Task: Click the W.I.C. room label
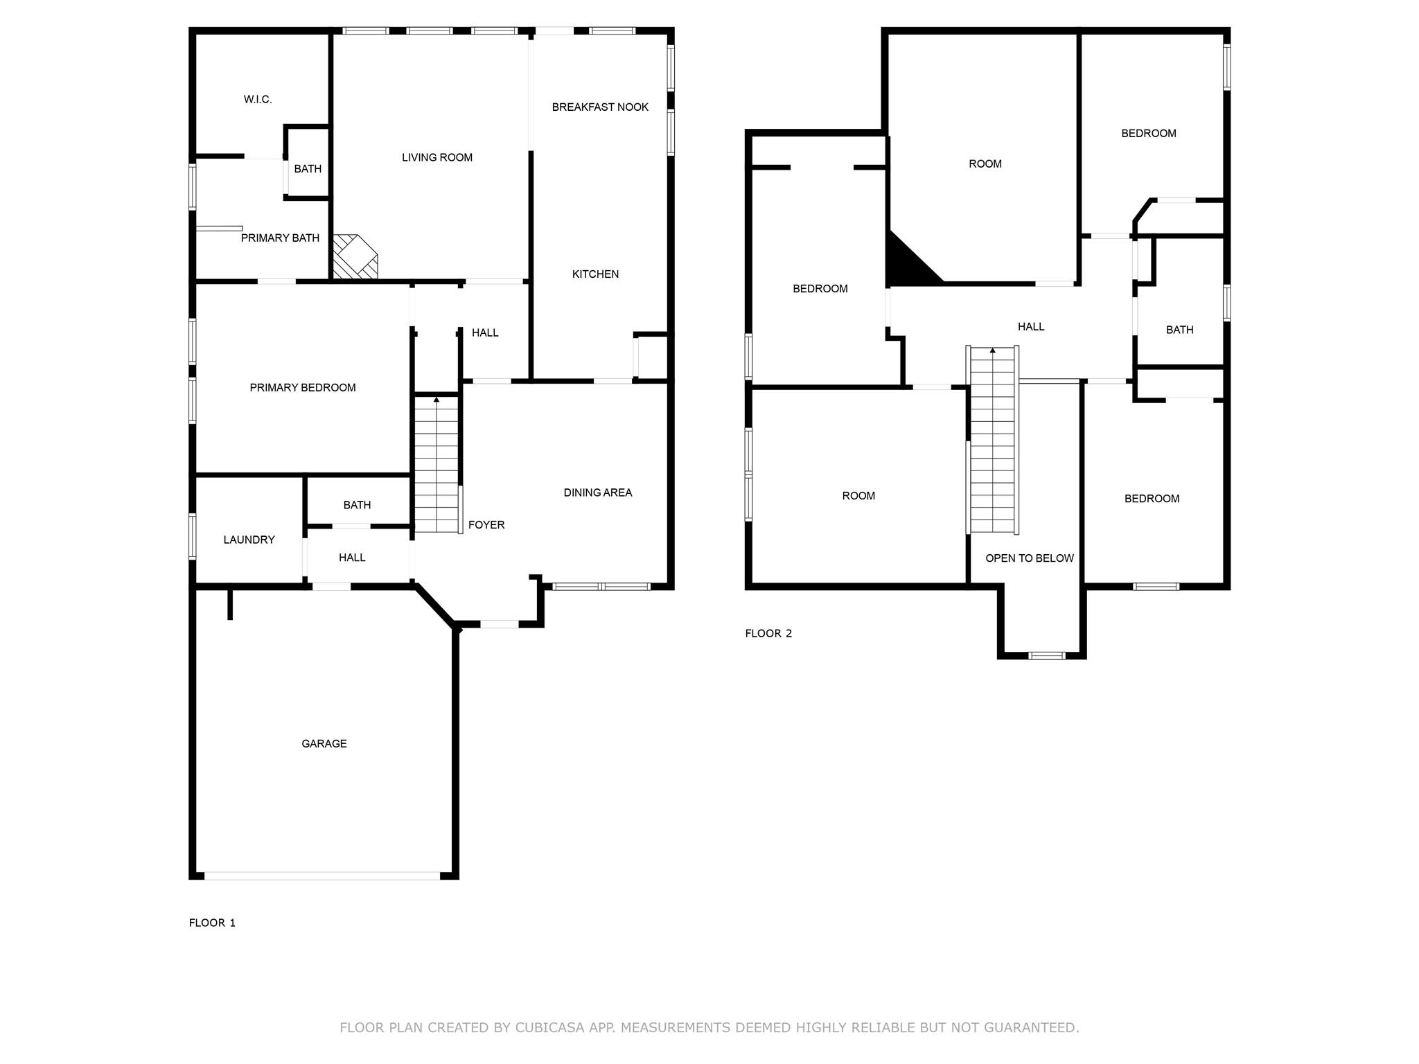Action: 258,100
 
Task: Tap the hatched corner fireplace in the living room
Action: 354,257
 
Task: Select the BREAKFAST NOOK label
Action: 600,107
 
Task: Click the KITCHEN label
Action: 595,274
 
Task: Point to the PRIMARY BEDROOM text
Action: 303,388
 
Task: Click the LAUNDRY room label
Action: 249,540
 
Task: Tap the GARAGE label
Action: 324,744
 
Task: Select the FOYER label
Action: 486,525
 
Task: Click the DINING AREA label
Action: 597,493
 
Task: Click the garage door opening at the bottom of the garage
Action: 322,876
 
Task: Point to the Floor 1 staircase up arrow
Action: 436,400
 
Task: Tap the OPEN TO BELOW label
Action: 1030,558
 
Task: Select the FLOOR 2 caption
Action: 768,633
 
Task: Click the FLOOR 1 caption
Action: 212,923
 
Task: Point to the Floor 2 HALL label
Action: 1031,327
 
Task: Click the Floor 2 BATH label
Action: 1179,330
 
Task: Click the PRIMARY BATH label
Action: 280,238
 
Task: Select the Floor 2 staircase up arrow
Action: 992,351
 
